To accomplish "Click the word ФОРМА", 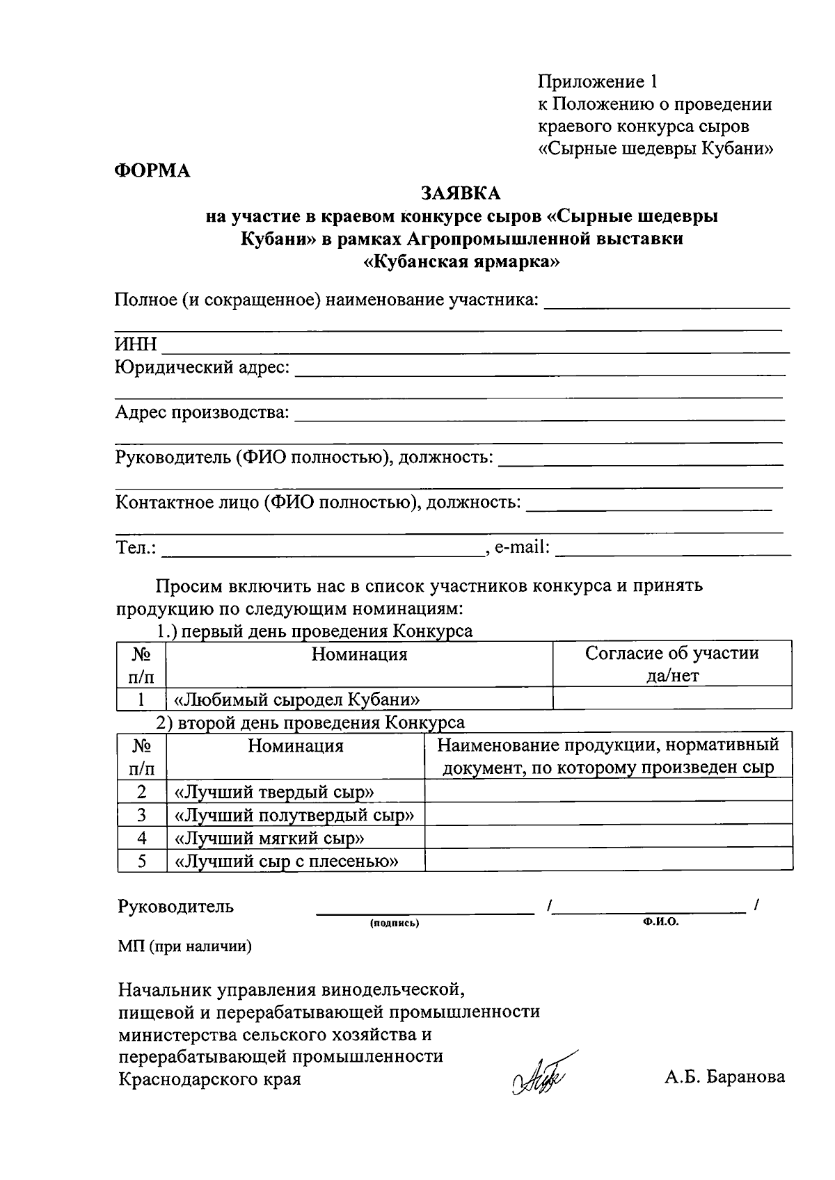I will [x=152, y=170].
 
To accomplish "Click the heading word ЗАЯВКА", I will [x=460, y=193].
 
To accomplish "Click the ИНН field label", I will [x=136, y=345].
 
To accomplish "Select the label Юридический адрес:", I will [x=202, y=367].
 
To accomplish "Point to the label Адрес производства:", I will [x=202, y=412].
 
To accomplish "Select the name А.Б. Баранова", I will [x=724, y=1077].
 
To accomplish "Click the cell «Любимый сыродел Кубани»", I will [x=297, y=699].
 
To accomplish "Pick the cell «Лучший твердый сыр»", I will [x=275, y=792].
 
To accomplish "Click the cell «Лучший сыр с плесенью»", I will [x=287, y=862].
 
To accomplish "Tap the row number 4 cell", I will [x=142, y=838].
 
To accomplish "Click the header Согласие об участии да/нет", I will [x=671, y=663].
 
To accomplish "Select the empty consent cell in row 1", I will [x=671, y=698].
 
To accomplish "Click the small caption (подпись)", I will [x=395, y=923].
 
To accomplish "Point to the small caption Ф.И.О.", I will [x=660, y=922].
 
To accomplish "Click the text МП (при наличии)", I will [x=185, y=946].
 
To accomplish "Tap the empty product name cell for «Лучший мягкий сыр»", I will [x=608, y=838].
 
